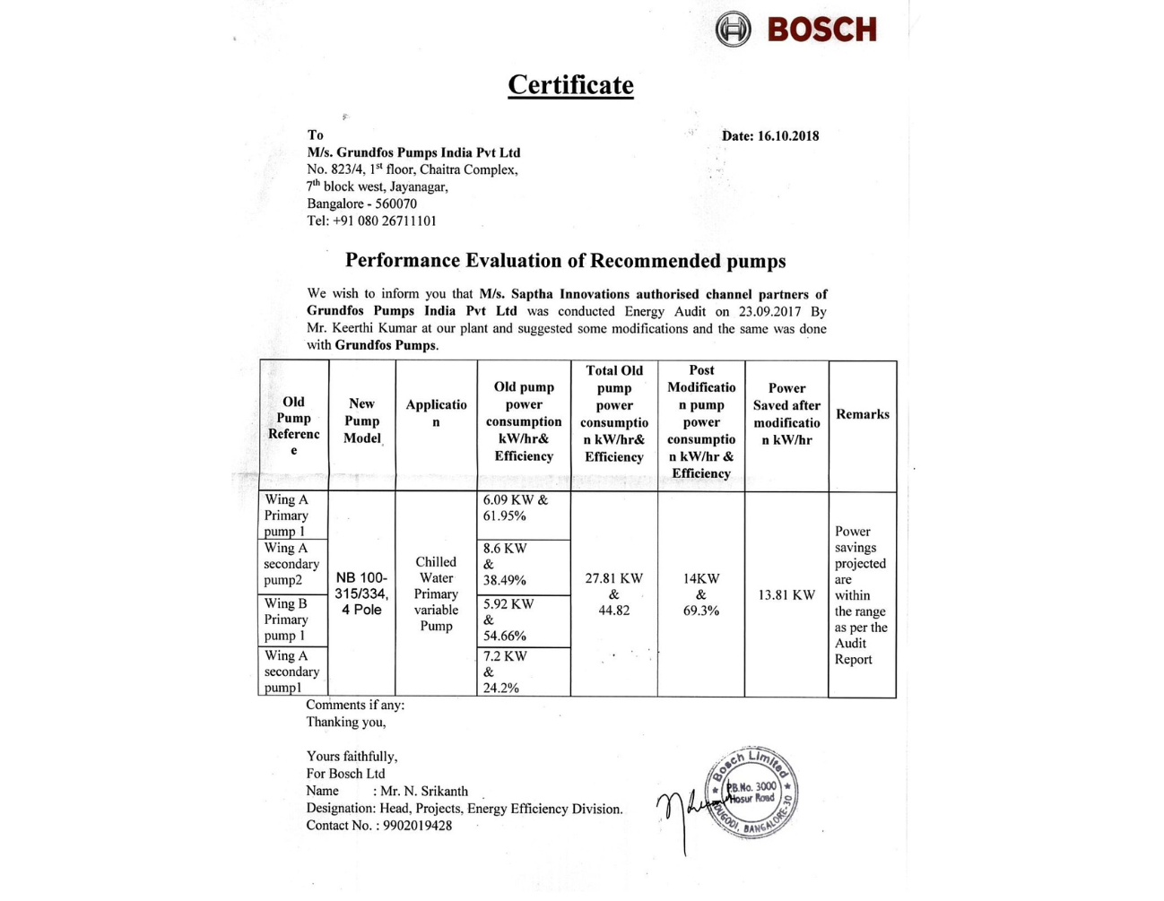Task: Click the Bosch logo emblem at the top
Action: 733,30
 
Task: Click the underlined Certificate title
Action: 570,85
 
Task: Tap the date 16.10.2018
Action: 787,136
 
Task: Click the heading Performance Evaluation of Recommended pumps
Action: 565,261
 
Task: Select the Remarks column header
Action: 862,414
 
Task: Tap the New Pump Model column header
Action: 361,420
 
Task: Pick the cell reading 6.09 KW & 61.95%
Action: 516,508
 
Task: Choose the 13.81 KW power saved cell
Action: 786,595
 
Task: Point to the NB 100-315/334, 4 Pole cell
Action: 361,593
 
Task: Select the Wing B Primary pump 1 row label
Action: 286,619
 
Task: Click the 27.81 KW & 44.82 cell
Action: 613,594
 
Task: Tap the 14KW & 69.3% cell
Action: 700,594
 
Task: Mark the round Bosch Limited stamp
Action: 751,791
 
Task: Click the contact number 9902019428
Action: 417,826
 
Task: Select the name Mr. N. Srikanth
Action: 423,791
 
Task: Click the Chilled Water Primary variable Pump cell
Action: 436,593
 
